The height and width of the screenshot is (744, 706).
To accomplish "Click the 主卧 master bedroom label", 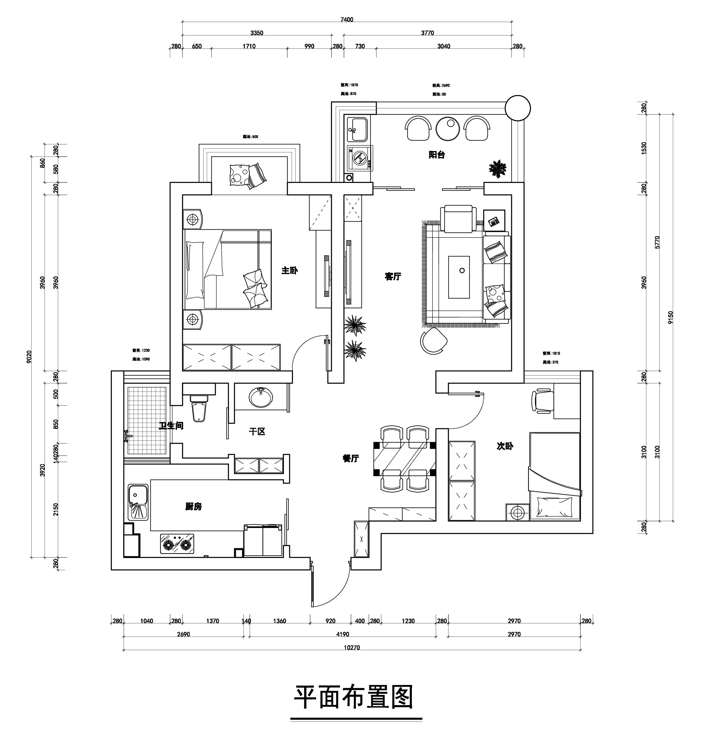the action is [289, 270].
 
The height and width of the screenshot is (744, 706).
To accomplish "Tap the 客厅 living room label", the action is [393, 277].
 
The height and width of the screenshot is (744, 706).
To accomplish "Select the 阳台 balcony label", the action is [437, 155].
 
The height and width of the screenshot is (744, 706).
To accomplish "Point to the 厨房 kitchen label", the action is [193, 507].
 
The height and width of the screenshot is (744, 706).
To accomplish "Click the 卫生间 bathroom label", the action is [171, 426].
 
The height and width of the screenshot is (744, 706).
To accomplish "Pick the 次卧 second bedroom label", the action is [505, 446].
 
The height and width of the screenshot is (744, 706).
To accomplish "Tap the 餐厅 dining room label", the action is [351, 458].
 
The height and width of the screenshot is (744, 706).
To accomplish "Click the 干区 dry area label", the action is [257, 432].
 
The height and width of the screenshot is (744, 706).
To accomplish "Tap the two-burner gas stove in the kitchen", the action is [177, 544].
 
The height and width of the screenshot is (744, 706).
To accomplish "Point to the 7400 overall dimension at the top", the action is [347, 20].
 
